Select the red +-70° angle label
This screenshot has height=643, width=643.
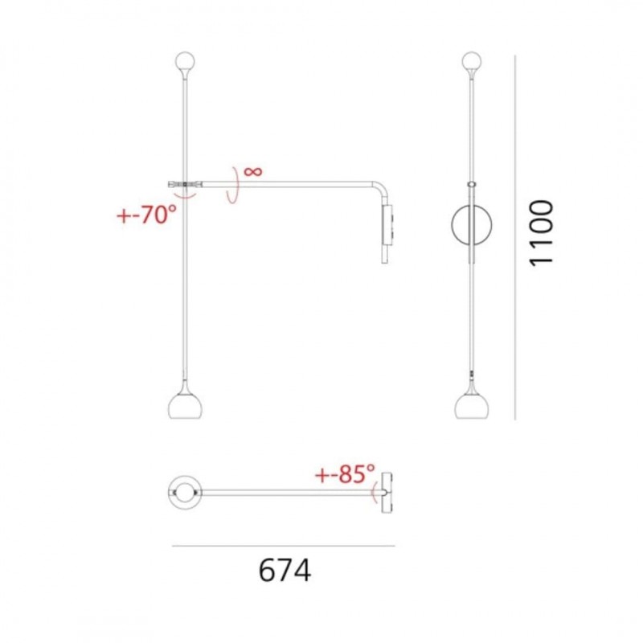pyautogui.click(x=145, y=215)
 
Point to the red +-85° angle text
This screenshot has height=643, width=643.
pyautogui.click(x=345, y=474)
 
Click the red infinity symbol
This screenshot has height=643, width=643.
pyautogui.click(x=252, y=171)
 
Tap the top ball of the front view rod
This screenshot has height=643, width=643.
pyautogui.click(x=472, y=61)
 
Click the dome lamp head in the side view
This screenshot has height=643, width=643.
pyautogui.click(x=185, y=404)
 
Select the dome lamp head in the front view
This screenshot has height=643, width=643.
pyautogui.click(x=471, y=404)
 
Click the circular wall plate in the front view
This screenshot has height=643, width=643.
pyautogui.click(x=472, y=225)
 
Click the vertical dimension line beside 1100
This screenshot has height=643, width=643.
pyautogui.click(x=514, y=237)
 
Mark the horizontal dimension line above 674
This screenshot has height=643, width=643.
pyautogui.click(x=284, y=547)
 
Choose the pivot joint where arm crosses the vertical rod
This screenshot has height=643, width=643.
pyautogui.click(x=185, y=186)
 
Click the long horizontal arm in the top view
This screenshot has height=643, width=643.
pyautogui.click(x=289, y=492)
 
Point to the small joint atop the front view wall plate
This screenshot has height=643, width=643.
pyautogui.click(x=472, y=184)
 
